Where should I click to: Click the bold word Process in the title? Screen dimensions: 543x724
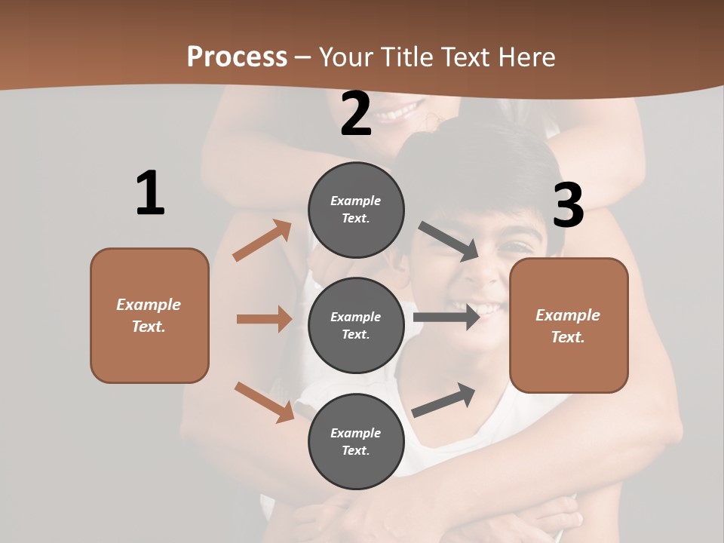pyautogui.click(x=237, y=57)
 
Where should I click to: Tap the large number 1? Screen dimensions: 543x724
pyautogui.click(x=150, y=193)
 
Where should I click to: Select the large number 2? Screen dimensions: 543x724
pyautogui.click(x=356, y=114)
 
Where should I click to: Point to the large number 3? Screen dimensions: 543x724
pyautogui.click(x=568, y=206)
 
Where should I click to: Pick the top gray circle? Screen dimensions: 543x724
pyautogui.click(x=356, y=210)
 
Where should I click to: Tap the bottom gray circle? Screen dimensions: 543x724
pyautogui.click(x=356, y=441)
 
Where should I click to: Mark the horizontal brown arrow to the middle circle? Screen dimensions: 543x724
pyautogui.click(x=264, y=319)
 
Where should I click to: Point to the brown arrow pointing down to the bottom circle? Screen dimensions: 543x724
pyautogui.click(x=264, y=401)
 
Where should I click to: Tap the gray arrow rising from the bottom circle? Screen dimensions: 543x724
pyautogui.click(x=444, y=400)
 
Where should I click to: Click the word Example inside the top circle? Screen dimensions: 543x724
pyautogui.click(x=356, y=201)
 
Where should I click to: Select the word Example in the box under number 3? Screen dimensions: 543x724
pyautogui.click(x=568, y=315)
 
